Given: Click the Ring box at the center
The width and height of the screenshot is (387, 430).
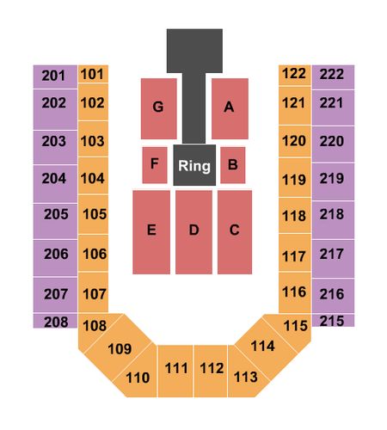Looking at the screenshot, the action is click(x=194, y=165).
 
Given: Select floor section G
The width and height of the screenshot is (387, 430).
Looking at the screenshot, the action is click(x=158, y=108).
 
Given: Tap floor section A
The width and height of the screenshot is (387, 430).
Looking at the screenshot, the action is click(x=230, y=108).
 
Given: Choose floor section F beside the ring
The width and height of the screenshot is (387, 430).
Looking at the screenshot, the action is click(x=155, y=165).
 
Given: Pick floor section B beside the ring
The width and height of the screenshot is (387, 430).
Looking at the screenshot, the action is click(x=233, y=165).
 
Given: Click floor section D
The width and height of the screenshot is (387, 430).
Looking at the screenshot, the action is click(x=193, y=232).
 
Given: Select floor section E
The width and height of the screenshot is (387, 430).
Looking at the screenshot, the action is click(x=151, y=232).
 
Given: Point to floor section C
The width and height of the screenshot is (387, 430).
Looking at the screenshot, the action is click(x=235, y=232).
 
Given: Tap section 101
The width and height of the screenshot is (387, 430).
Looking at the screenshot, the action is click(x=93, y=74).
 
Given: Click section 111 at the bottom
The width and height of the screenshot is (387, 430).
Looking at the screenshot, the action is click(x=175, y=372).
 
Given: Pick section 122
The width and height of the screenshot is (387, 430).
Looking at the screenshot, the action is click(x=295, y=75).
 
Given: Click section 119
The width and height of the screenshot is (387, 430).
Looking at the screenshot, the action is click(x=295, y=177).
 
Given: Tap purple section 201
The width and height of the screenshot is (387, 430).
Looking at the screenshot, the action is click(x=55, y=77).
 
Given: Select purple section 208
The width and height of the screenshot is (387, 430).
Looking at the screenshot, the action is click(x=55, y=321).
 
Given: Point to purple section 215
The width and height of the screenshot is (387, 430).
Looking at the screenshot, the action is click(x=333, y=321).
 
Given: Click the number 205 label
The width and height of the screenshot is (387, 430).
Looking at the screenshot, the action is click(x=56, y=214).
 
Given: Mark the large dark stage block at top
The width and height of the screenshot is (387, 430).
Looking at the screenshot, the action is click(x=194, y=51).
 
